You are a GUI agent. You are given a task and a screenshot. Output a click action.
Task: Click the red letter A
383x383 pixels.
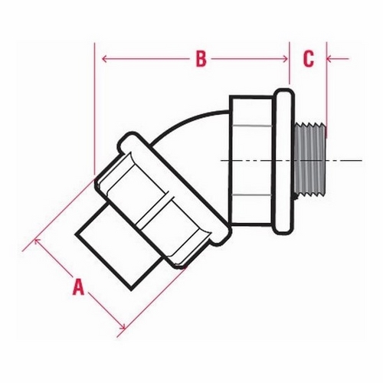[78, 286]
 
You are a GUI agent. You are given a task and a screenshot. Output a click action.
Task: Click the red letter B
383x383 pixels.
[201, 59]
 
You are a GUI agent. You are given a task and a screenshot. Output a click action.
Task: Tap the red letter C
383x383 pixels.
[309, 59]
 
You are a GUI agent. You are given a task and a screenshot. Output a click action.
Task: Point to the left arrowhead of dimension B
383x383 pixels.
[104, 59]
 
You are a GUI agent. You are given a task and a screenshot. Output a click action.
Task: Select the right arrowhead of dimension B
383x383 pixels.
[285, 59]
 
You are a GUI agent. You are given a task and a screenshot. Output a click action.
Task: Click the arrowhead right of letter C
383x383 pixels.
[329, 59]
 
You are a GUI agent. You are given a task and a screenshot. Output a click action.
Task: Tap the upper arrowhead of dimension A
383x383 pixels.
[38, 241]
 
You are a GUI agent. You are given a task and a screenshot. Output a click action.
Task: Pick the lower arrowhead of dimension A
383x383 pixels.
[123, 326]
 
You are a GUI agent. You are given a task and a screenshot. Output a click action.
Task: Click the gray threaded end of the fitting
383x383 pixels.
[309, 160]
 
